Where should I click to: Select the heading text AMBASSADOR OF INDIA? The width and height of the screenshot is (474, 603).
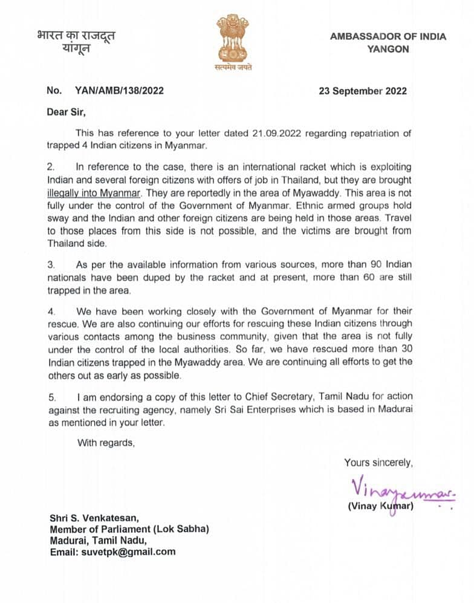[x=388, y=36]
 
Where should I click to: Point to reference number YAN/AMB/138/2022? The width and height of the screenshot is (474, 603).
[x=119, y=91]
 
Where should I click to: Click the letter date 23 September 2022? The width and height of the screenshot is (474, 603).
[x=363, y=91]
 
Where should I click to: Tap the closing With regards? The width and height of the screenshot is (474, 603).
[x=106, y=443]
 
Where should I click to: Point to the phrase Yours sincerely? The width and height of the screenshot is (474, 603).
[x=378, y=463]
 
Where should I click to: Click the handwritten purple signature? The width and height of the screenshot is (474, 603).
[x=387, y=487]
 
